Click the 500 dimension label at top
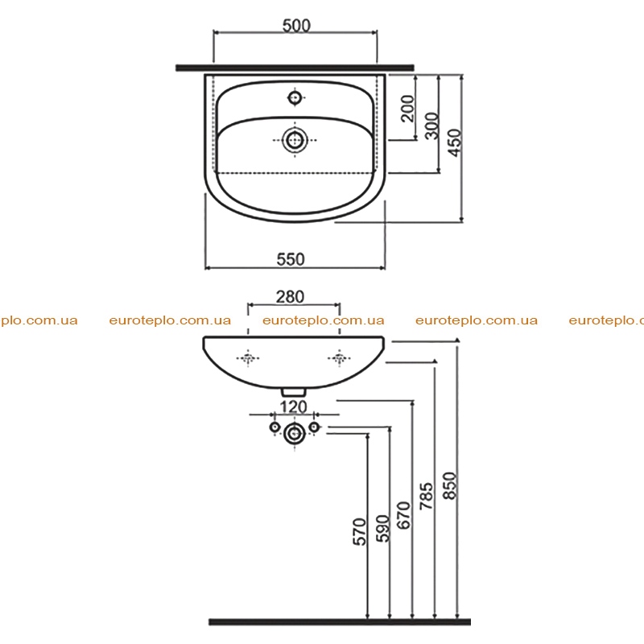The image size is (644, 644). [x=296, y=26]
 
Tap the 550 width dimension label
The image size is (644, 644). [x=291, y=259]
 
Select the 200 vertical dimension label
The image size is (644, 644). [x=408, y=109]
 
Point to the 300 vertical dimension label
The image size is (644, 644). [x=431, y=126]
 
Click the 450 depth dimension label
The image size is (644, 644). [x=455, y=142]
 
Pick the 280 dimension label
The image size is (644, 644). [x=290, y=297]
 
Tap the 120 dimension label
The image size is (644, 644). [x=293, y=407]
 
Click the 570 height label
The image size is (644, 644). [x=359, y=532]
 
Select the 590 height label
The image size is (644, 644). [x=382, y=529]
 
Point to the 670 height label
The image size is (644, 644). [x=404, y=515]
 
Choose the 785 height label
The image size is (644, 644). [x=427, y=496]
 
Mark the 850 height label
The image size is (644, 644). [x=450, y=486]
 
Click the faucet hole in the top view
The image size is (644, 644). [x=295, y=97]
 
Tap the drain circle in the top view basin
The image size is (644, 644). [x=295, y=140]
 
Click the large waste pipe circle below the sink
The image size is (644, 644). [x=295, y=433]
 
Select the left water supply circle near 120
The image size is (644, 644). [x=275, y=427]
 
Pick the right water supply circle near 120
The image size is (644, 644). [x=314, y=427]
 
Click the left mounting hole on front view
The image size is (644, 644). [x=248, y=358]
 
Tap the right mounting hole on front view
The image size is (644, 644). [x=339, y=358]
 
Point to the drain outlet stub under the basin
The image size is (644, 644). [x=293, y=392]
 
